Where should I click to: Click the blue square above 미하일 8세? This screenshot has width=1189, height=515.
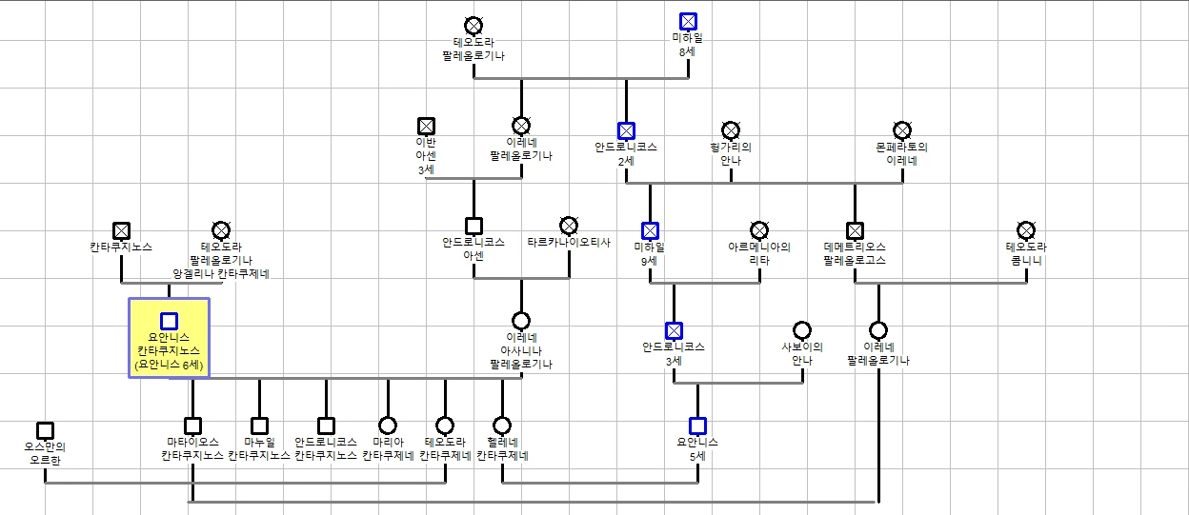[688, 21]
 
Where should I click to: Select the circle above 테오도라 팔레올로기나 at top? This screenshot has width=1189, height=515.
[474, 26]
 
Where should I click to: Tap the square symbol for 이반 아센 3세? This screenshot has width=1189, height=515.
[426, 127]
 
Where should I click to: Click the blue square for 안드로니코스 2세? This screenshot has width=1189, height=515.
[626, 130]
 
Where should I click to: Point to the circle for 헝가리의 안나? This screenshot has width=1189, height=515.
[731, 130]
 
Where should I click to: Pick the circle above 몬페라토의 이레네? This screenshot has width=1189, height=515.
[902, 130]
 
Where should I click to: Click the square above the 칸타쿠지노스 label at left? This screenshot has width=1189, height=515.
[122, 230]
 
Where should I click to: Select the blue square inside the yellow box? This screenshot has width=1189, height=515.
[169, 321]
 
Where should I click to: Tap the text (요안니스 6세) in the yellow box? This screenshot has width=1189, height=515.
[169, 365]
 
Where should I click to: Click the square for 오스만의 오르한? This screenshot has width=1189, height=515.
[45, 430]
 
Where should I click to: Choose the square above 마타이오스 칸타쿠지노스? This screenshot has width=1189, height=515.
[192, 426]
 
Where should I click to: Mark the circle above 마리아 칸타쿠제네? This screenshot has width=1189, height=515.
[388, 426]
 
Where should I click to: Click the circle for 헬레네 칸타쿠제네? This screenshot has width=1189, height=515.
[502, 426]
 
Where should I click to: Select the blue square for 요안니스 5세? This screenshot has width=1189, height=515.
[697, 426]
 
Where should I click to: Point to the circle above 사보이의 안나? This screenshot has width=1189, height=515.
[802, 330]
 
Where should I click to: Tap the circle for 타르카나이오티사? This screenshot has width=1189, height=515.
[569, 226]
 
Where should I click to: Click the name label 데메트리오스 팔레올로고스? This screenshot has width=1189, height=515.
[855, 253]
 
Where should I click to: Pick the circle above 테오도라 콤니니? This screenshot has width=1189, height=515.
[1026, 230]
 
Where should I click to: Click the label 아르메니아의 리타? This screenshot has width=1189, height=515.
[759, 253]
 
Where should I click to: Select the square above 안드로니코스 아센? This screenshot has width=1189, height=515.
[474, 226]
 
